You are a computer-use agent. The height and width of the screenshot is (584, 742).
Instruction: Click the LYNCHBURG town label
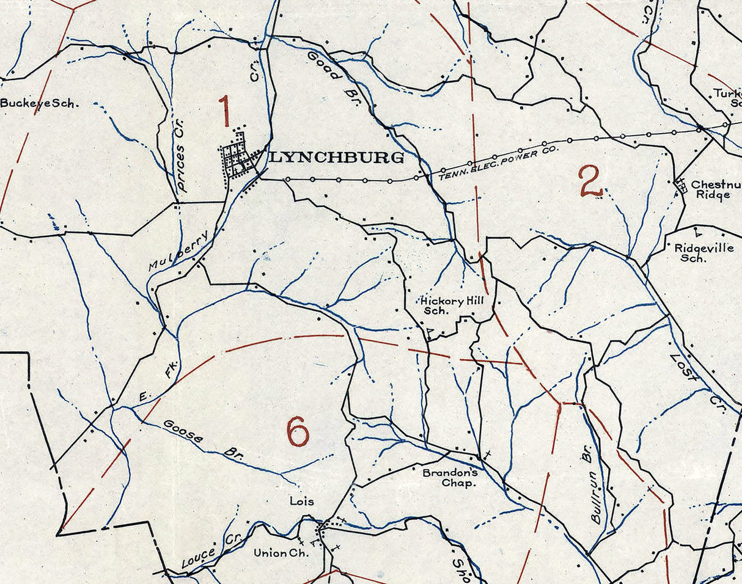(336, 158)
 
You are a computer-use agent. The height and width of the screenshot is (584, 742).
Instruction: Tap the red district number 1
(225, 111)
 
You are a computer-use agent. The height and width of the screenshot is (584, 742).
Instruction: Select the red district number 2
(590, 182)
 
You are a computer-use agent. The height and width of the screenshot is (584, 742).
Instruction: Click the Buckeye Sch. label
(39, 103)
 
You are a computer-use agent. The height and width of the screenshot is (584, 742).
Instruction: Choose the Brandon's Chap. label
(449, 477)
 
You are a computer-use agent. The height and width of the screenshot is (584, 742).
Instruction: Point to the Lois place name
(302, 502)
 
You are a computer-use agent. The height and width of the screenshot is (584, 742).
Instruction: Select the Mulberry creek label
(181, 250)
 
